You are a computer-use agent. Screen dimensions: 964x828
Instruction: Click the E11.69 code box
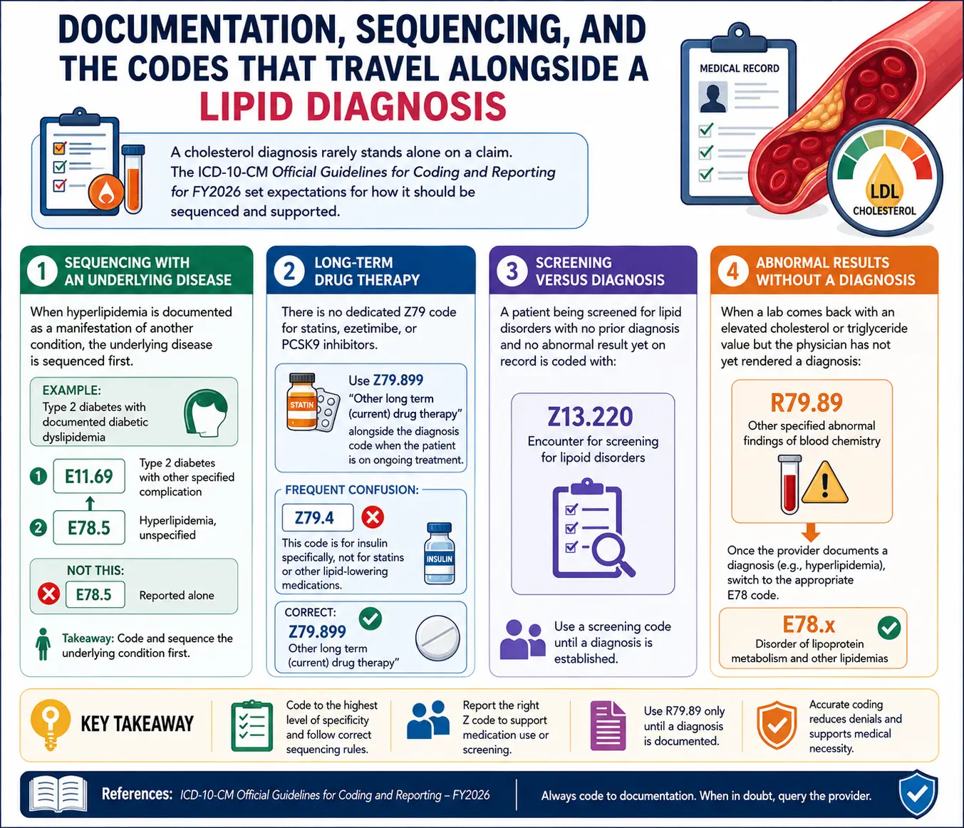(89, 476)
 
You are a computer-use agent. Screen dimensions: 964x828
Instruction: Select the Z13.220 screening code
(590, 417)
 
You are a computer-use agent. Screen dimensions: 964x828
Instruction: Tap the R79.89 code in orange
(807, 403)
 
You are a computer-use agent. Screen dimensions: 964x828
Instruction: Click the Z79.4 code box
(318, 517)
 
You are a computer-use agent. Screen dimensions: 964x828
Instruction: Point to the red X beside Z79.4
(373, 517)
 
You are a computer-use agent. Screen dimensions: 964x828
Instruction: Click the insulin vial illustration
(439, 553)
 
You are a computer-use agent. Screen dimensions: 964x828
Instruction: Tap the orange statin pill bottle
(302, 402)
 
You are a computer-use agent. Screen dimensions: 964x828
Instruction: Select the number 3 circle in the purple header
(512, 271)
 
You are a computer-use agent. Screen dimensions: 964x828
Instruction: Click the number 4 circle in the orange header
(732, 271)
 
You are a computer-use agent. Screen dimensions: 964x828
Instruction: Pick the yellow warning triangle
(824, 484)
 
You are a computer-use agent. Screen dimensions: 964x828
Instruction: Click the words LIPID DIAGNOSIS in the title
(353, 107)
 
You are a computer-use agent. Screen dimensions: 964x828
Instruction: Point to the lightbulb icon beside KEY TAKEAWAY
(51, 725)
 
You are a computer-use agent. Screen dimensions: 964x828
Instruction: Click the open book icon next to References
(58, 794)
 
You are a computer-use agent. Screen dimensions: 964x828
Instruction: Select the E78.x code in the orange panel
(808, 624)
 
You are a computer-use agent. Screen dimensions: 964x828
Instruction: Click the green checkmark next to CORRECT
(370, 619)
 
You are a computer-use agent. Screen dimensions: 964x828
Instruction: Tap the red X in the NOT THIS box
(48, 594)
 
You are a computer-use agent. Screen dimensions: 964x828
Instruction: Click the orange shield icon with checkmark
(776, 725)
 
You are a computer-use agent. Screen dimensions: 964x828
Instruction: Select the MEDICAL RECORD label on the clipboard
(739, 68)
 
